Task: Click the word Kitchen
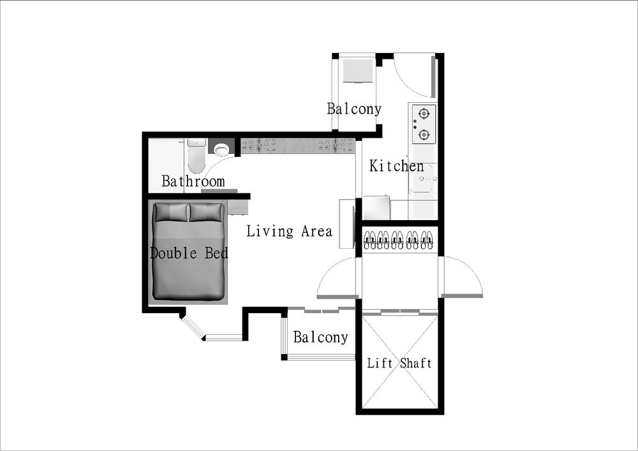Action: click(x=397, y=166)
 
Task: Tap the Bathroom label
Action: click(x=193, y=181)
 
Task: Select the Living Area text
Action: click(x=289, y=231)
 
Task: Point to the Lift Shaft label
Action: click(x=399, y=363)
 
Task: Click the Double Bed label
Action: click(x=189, y=253)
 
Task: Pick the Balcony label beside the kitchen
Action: click(x=354, y=108)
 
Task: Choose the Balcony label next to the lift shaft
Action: click(x=321, y=337)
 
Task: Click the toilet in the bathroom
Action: click(x=197, y=156)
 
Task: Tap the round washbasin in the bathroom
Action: click(x=221, y=149)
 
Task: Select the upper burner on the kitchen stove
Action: click(x=424, y=114)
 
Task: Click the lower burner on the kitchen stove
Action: click(x=424, y=134)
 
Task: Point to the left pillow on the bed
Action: click(x=172, y=212)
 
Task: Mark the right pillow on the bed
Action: click(x=207, y=212)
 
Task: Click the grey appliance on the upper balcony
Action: click(x=358, y=71)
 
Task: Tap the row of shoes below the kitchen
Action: click(x=398, y=240)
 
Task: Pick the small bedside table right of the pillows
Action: click(x=237, y=207)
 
